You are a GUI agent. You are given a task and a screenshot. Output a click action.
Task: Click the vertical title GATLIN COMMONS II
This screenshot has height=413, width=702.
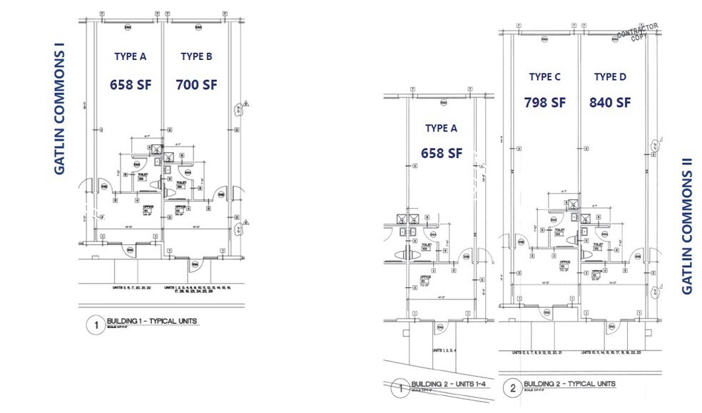point(687,227)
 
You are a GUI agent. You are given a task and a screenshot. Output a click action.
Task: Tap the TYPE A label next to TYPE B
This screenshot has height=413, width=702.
point(130,56)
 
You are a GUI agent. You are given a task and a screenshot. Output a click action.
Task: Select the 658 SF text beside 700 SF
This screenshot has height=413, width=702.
point(130,84)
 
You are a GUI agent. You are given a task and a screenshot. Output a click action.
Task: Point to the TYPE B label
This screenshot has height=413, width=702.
point(196,56)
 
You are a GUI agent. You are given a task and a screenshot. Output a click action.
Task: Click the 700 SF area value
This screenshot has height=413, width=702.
point(196,84)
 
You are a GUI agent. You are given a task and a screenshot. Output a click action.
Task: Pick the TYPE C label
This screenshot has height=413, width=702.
point(545,76)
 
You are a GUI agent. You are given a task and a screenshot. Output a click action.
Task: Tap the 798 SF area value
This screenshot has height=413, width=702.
point(545,103)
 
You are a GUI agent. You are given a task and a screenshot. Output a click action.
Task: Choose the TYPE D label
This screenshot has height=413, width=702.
point(610,76)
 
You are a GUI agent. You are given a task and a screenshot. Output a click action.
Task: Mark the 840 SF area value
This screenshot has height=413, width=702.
point(610,103)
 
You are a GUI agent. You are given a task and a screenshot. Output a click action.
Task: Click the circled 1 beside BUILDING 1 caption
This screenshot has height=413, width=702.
point(93,326)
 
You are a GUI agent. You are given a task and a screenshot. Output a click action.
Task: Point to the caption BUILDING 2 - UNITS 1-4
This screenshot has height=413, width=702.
point(447,384)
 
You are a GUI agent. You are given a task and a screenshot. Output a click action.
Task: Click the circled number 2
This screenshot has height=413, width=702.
point(512,389)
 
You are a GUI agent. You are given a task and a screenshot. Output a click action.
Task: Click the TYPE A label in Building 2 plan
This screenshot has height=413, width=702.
point(440,129)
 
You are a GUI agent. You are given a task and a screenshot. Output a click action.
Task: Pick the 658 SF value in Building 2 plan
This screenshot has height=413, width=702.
point(442,154)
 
